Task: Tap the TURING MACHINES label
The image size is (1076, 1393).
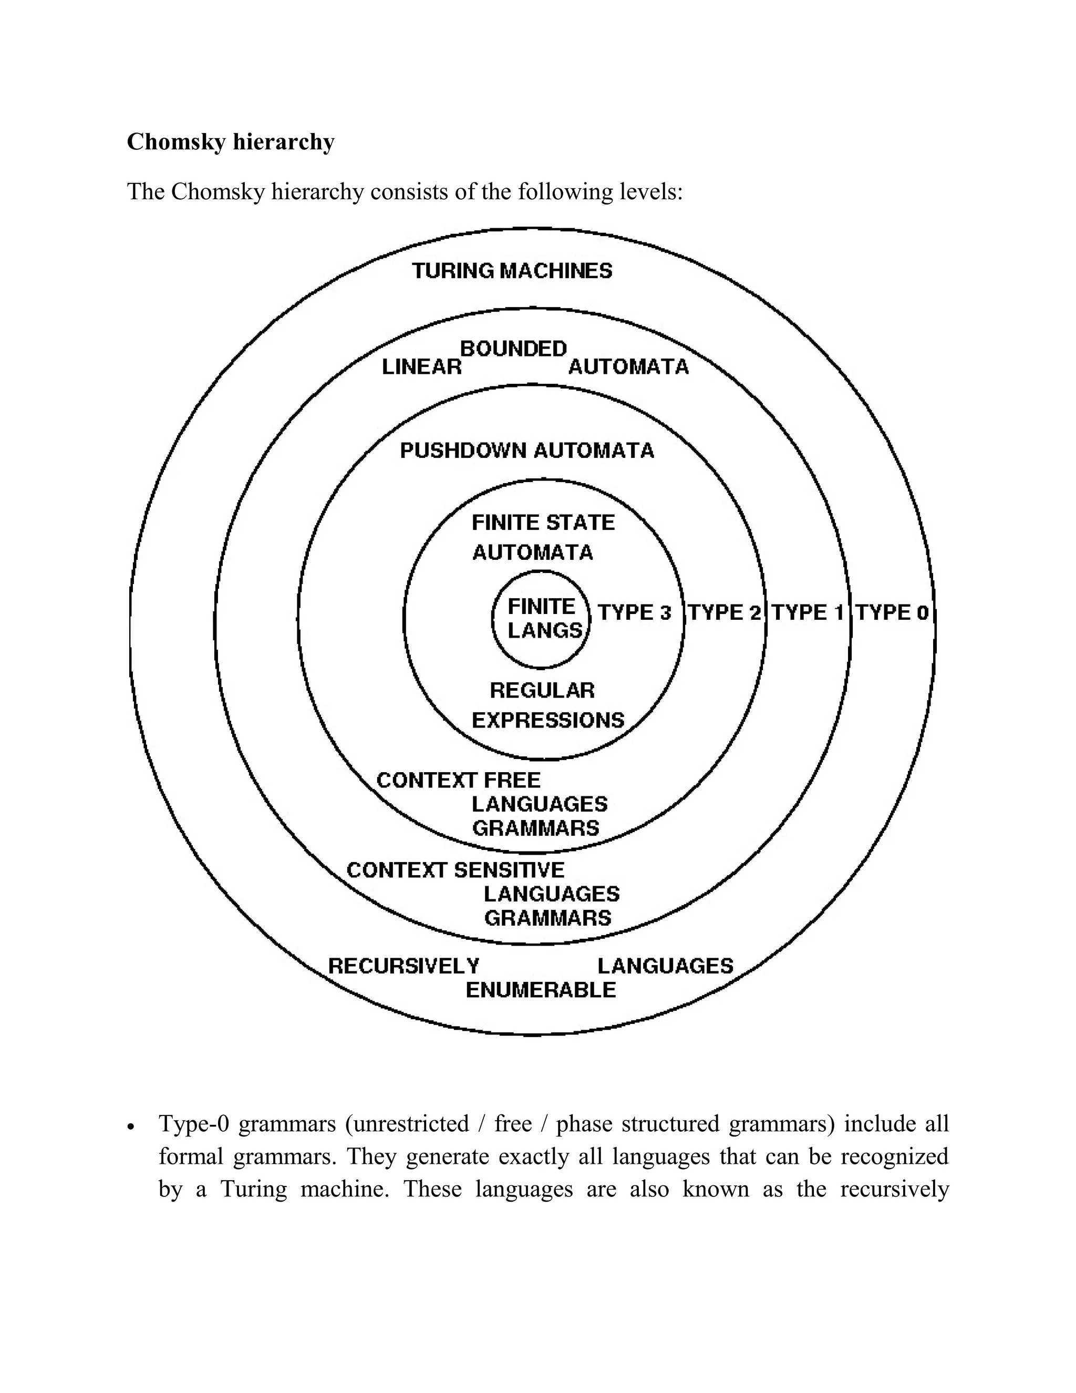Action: (x=512, y=271)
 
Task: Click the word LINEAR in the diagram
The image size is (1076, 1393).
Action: (x=421, y=367)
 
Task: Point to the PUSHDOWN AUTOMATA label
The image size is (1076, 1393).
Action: (x=526, y=451)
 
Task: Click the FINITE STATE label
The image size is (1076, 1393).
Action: (x=543, y=523)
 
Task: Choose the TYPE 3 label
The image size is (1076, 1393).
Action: (x=634, y=613)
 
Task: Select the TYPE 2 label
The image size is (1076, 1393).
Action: (x=725, y=613)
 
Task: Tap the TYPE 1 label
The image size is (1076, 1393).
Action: (x=808, y=613)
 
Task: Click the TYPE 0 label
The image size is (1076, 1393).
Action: (x=891, y=613)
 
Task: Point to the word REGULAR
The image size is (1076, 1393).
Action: (x=542, y=690)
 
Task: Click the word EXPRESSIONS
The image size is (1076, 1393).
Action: (x=547, y=720)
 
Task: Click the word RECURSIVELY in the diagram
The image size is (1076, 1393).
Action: (x=403, y=966)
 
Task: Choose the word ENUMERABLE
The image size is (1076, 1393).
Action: (x=541, y=990)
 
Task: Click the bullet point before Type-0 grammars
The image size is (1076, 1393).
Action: (x=131, y=1128)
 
